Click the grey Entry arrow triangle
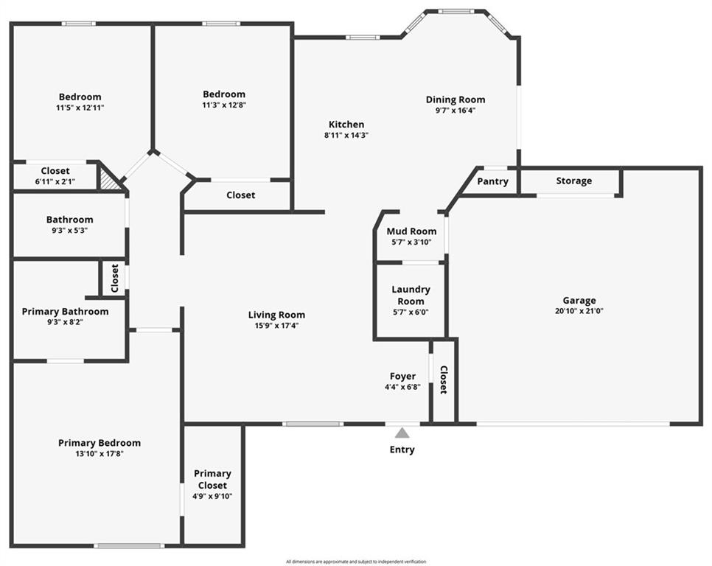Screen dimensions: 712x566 click(x=402, y=433)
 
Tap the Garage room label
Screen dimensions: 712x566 click(x=579, y=301)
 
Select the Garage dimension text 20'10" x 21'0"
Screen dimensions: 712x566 click(x=579, y=311)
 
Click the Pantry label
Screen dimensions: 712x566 click(x=492, y=181)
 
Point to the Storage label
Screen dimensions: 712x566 click(x=574, y=181)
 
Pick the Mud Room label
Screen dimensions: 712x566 click(x=411, y=231)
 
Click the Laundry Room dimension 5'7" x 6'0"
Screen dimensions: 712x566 click(x=411, y=312)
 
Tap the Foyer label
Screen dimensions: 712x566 click(x=402, y=377)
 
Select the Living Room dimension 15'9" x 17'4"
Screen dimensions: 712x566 click(x=276, y=326)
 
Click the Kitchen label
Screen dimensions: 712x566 click(x=346, y=125)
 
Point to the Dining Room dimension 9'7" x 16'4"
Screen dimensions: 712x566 click(x=456, y=111)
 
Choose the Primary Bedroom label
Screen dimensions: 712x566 click(x=100, y=443)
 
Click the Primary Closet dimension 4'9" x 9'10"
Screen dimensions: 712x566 click(x=212, y=497)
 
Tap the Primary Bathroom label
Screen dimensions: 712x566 click(x=66, y=312)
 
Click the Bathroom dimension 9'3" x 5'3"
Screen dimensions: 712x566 click(x=70, y=231)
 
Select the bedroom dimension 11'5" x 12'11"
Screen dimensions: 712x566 click(x=80, y=108)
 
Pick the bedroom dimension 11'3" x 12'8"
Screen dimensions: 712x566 click(x=224, y=105)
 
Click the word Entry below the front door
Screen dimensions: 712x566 click(x=402, y=450)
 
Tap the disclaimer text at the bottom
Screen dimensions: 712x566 click(x=356, y=562)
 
